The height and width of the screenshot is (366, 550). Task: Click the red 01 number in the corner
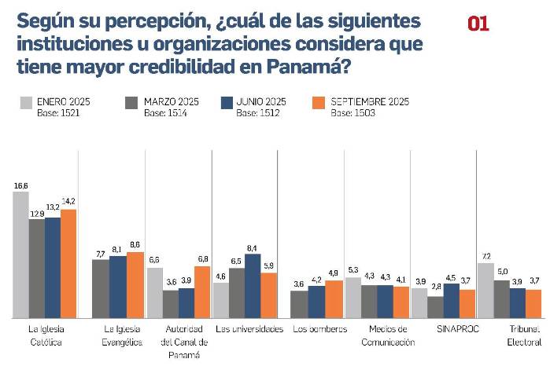click(x=478, y=24)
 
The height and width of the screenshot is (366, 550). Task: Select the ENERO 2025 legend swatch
click(x=24, y=102)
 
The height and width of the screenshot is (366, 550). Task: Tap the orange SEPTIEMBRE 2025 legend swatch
click(x=319, y=102)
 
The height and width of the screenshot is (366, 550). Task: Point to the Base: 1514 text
click(x=165, y=113)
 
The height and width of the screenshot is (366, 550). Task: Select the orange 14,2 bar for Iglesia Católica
click(x=68, y=263)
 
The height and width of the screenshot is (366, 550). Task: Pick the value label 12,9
click(x=36, y=213)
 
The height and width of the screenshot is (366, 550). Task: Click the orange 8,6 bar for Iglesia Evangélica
click(x=135, y=284)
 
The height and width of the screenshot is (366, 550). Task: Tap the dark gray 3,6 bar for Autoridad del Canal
click(x=170, y=303)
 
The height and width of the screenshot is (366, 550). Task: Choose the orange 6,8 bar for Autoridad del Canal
click(x=202, y=291)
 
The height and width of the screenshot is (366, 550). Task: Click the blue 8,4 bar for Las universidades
click(x=253, y=285)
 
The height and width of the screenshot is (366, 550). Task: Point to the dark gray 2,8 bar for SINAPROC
click(x=435, y=306)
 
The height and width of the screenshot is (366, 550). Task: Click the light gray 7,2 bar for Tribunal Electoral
click(x=485, y=290)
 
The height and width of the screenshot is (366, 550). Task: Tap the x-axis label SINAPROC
click(x=452, y=329)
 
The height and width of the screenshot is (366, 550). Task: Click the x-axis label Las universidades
click(x=249, y=329)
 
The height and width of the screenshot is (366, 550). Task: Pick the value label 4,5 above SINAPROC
click(x=451, y=276)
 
